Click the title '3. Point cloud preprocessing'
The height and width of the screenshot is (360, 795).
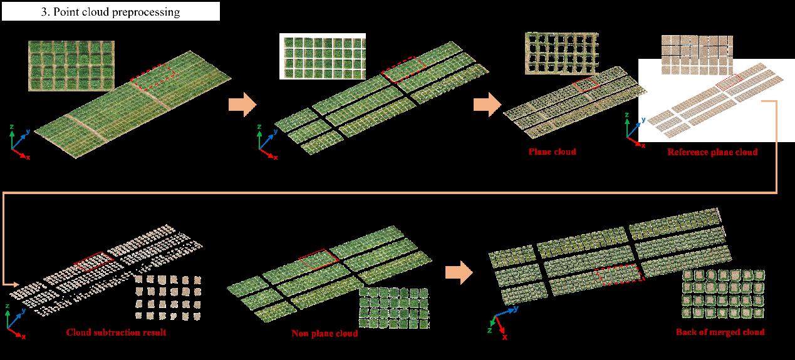[110, 12]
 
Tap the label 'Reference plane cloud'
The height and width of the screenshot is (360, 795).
[712, 152]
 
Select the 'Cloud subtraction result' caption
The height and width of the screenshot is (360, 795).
[116, 332]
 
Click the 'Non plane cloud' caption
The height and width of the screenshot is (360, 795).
[325, 333]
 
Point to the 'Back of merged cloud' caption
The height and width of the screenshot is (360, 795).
[720, 332]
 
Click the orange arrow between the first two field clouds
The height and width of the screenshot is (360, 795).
[242, 105]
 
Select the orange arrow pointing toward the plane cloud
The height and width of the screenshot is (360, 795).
[487, 105]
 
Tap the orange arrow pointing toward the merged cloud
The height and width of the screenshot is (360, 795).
[459, 273]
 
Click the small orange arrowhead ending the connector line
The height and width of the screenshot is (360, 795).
[14, 284]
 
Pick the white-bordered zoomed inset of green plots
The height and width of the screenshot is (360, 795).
[322, 56]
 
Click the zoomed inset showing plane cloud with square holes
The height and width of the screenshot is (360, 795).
[561, 54]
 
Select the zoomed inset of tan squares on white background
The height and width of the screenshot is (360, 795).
[697, 55]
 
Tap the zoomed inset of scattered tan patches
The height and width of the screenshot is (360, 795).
[169, 297]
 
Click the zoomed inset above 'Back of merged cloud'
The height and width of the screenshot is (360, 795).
[723, 294]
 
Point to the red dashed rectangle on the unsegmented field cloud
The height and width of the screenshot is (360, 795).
[153, 77]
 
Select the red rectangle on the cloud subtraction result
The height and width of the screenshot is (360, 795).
[94, 262]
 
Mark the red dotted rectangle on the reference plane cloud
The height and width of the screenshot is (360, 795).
[729, 83]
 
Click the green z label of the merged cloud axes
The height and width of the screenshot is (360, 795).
[489, 331]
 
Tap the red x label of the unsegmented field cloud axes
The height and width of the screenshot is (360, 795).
[28, 157]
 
